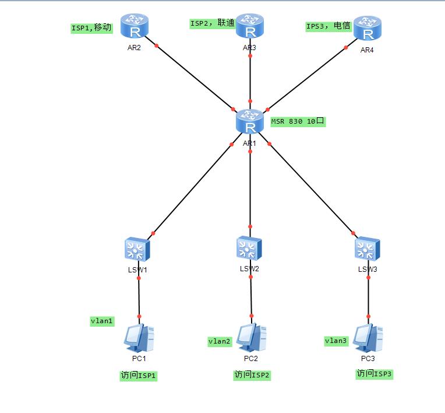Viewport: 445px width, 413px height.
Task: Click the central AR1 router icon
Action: pos(250,123)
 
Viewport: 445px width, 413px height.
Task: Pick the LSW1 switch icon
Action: pos(138,250)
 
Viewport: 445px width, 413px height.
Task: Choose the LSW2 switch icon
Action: pos(250,250)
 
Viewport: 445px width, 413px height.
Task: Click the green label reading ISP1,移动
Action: pos(91,27)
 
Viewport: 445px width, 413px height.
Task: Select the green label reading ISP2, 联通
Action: pos(212,23)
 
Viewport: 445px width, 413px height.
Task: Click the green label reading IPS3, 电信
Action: pos(329,26)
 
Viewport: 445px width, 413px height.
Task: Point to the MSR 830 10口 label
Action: pos(298,121)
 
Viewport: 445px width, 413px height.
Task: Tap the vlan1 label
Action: pos(102,321)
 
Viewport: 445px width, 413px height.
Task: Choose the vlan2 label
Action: pos(220,341)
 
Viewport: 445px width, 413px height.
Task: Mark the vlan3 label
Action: pos(336,341)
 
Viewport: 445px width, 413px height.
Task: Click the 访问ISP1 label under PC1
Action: pos(138,376)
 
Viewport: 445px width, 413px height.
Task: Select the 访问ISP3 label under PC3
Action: pos(375,374)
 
